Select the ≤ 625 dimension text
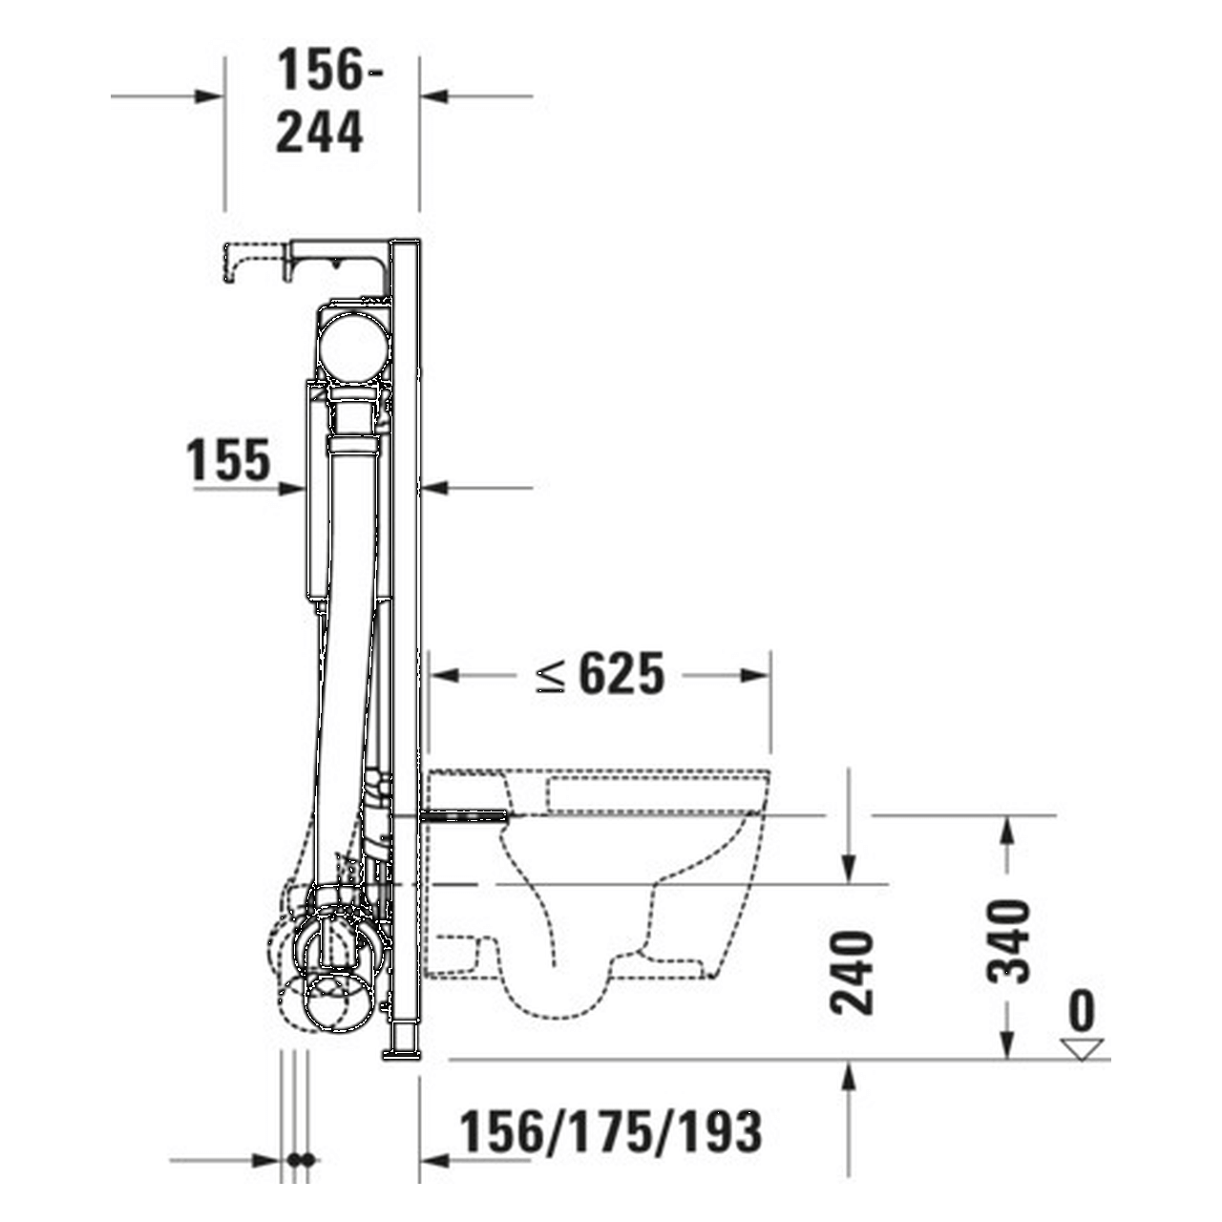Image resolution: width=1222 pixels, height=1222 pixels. click(600, 675)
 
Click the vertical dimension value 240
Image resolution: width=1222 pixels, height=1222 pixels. click(853, 972)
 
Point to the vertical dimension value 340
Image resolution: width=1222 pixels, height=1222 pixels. click(1010, 941)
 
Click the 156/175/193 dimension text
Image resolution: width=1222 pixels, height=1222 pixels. click(611, 1133)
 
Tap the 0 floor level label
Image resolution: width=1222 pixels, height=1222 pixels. click(1082, 1010)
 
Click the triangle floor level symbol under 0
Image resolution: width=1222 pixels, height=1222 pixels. click(1082, 1047)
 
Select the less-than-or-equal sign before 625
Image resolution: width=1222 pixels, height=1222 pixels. click(551, 676)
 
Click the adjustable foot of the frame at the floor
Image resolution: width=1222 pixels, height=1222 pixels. click(401, 1043)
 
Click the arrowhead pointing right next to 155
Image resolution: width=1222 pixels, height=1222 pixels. click(292, 488)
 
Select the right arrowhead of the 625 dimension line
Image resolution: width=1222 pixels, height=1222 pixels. click(756, 675)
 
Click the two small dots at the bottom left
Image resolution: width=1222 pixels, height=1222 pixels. click(301, 1160)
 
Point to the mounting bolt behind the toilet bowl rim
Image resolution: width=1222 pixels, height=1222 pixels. click(468, 815)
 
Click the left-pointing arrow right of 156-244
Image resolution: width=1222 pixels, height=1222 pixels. click(434, 95)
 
